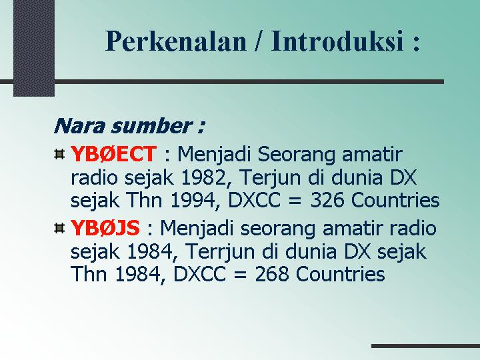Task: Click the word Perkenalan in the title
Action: pos(176,41)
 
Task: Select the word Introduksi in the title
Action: pos(337,41)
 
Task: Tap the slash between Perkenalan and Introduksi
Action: pos(259,41)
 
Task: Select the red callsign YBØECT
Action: pos(113,154)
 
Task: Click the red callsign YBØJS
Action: pos(105,228)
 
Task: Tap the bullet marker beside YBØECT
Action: pos(59,154)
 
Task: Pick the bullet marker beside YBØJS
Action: pos(59,228)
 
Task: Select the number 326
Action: pos(327,201)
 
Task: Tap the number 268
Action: pos(272,274)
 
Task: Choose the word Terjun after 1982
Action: pos(271,178)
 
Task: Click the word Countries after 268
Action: pos(341,274)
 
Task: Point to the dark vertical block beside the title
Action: pos(34,48)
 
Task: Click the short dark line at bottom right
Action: pos(425,346)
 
